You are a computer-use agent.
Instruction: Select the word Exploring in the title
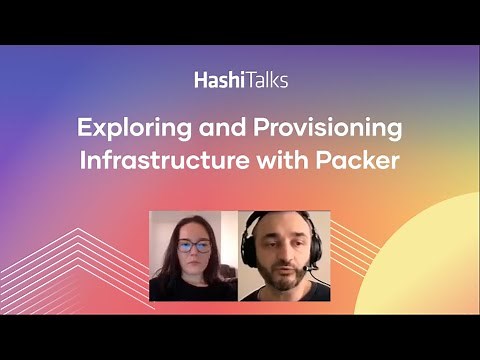click(x=129, y=129)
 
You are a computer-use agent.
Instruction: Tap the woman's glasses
click(x=193, y=245)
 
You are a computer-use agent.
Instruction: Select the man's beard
click(x=283, y=277)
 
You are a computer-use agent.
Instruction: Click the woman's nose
click(x=194, y=253)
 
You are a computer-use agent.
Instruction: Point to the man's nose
click(x=283, y=256)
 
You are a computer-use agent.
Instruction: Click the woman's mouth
click(x=194, y=263)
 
